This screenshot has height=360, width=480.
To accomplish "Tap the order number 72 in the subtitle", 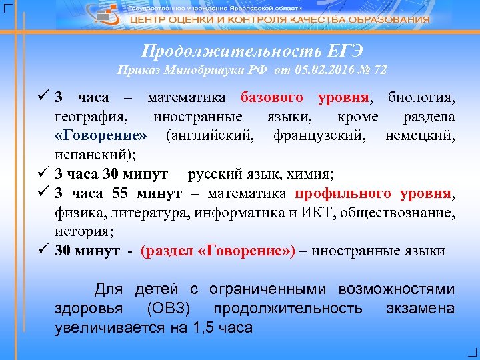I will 379,69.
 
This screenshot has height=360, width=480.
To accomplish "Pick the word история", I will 85,232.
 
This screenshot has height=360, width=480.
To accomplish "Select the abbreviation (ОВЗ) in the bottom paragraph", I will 169,309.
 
